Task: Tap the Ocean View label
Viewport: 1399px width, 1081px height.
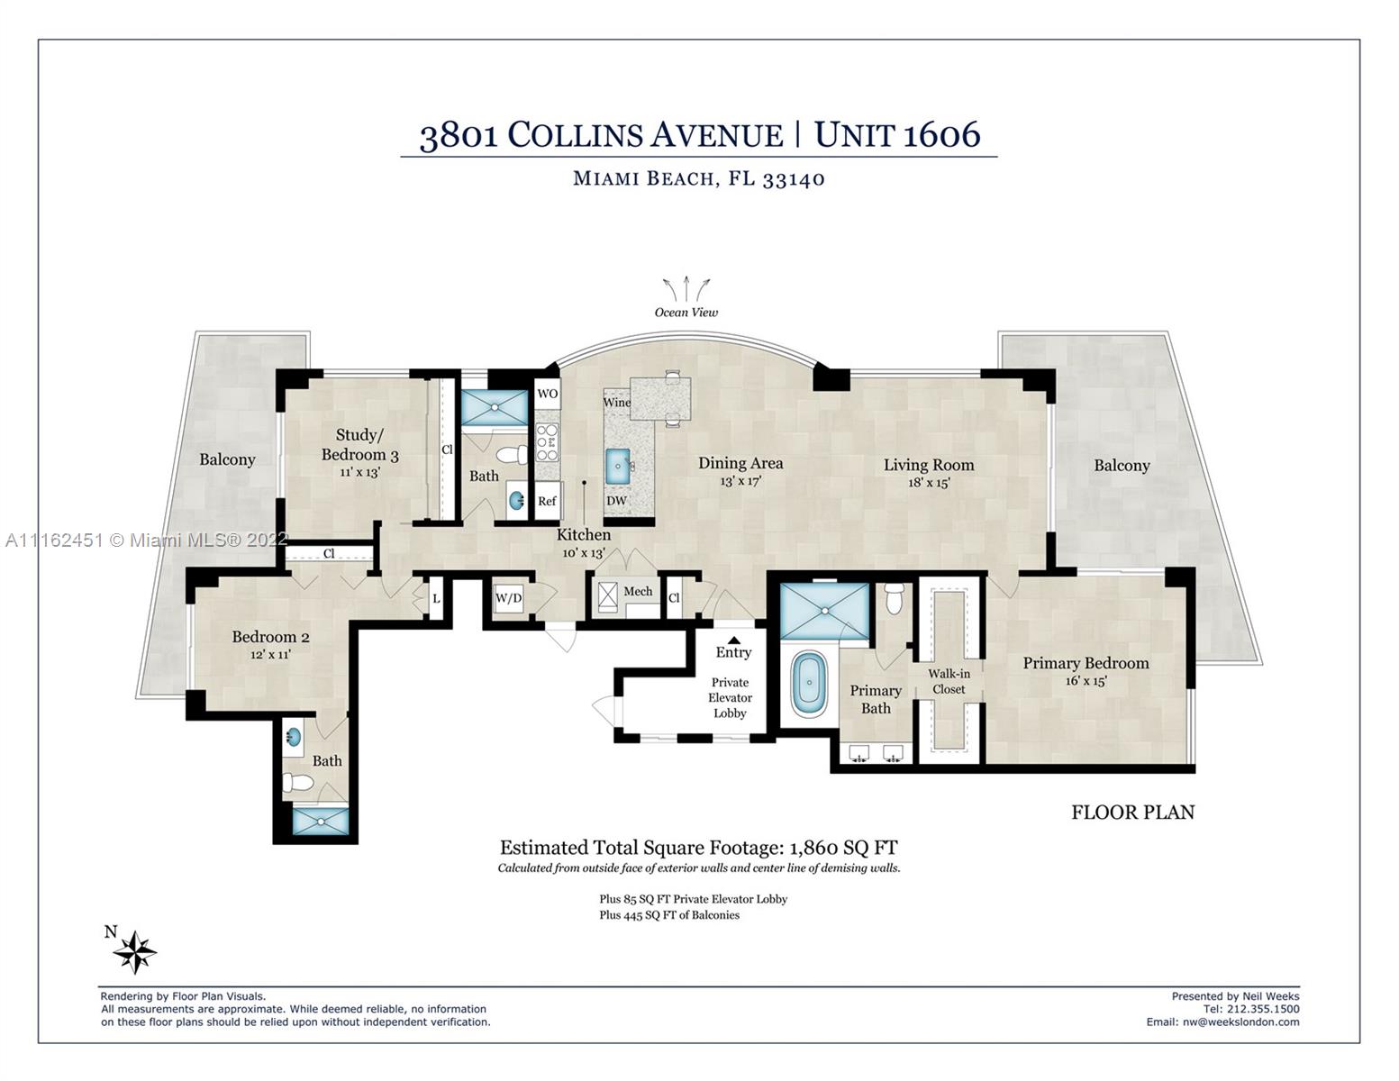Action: (x=686, y=313)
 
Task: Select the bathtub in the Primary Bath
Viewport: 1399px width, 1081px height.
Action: (x=809, y=684)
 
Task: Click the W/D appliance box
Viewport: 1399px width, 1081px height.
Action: (x=508, y=597)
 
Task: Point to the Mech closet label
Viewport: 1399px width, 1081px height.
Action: (x=638, y=592)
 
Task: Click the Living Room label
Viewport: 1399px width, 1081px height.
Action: (x=928, y=465)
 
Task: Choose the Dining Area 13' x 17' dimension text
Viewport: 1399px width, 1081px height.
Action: (x=740, y=481)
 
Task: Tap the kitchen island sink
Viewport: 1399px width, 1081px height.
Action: (x=618, y=466)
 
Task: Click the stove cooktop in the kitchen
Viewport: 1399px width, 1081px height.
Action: (x=547, y=442)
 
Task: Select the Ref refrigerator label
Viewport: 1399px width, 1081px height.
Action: (x=547, y=501)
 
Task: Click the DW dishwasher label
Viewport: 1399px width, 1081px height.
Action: (x=616, y=501)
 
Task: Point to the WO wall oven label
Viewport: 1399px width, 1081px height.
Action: (x=547, y=394)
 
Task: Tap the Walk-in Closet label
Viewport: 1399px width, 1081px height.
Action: (x=949, y=681)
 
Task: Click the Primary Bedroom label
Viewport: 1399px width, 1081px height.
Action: (x=1085, y=663)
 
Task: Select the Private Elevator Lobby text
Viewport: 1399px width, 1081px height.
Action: (x=730, y=697)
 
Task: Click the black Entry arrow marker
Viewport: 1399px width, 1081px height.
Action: (x=733, y=640)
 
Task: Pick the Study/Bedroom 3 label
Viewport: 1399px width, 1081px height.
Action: (x=359, y=445)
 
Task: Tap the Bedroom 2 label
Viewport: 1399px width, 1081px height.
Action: (x=270, y=637)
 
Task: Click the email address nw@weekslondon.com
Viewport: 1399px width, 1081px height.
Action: (x=1222, y=1022)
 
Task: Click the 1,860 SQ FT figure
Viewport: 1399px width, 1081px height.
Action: (x=843, y=848)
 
